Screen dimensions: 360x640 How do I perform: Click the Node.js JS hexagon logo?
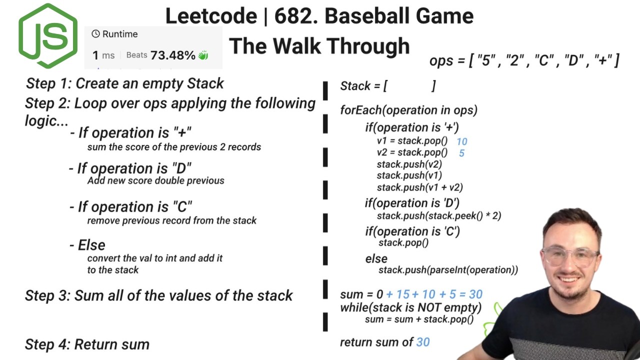[x=48, y=36]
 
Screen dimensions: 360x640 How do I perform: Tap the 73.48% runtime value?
[x=172, y=55]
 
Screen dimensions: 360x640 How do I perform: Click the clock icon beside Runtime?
[x=95, y=34]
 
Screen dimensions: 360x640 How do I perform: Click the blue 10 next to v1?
[x=461, y=142]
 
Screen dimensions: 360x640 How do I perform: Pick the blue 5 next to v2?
[x=461, y=153]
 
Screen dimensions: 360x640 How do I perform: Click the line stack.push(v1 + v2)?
[x=419, y=187]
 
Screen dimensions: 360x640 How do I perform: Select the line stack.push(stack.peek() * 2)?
[x=438, y=215]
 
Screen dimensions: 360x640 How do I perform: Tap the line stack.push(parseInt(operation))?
[x=448, y=270]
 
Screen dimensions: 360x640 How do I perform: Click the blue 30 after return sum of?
[x=422, y=342]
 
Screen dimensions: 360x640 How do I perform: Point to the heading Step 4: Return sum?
[x=87, y=344]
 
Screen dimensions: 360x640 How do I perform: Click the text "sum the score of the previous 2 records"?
[x=174, y=147]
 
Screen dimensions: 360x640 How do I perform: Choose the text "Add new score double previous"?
[x=155, y=180]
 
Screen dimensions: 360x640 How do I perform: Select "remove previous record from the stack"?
[x=171, y=220]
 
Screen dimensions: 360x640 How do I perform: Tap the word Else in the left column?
[x=91, y=245]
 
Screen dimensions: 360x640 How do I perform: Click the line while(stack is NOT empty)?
[x=410, y=307]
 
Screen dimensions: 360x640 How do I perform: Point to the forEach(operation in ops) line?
[x=408, y=110]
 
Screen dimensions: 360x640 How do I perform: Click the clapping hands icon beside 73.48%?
[x=203, y=55]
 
